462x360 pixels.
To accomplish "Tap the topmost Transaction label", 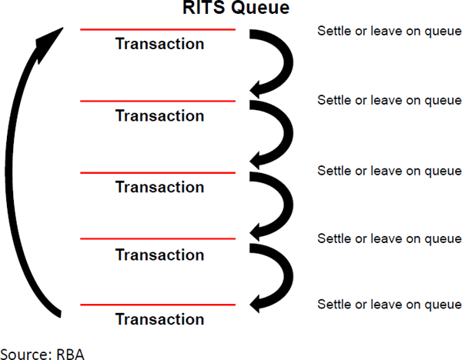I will tap(159, 44).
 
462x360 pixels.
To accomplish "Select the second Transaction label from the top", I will tap(159, 116).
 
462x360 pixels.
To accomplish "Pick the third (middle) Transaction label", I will tap(159, 187).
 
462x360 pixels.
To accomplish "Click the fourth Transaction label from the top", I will tap(159, 254).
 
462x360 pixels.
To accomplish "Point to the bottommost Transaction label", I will tap(159, 319).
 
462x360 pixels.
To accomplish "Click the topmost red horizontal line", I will tap(158, 30).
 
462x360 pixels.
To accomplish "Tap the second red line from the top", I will tap(158, 101).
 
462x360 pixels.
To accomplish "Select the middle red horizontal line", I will tap(158, 172).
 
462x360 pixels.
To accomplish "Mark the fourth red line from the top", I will tap(158, 238).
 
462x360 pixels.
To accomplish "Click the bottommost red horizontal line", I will tap(158, 305).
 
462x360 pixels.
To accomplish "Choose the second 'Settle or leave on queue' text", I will tap(390, 100).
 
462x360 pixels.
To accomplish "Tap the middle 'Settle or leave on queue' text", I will tap(390, 170).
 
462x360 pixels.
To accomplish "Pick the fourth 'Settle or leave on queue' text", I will tap(390, 238).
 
